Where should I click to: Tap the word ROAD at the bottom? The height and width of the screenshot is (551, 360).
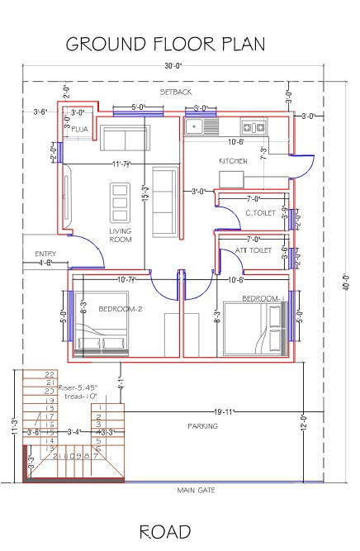(x=165, y=531)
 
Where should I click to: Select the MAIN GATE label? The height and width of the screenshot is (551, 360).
(x=196, y=491)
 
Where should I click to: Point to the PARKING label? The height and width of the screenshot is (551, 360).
(x=202, y=426)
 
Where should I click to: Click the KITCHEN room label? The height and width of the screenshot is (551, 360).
(x=232, y=160)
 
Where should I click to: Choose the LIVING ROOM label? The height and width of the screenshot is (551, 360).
(x=121, y=235)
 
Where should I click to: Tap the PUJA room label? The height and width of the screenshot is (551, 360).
(x=80, y=130)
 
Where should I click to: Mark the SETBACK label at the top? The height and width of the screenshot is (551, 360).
(x=175, y=91)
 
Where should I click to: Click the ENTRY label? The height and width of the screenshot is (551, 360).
(x=45, y=253)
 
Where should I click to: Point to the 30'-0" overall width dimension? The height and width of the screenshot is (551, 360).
(x=173, y=66)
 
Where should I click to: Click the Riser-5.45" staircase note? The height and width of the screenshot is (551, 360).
(x=78, y=386)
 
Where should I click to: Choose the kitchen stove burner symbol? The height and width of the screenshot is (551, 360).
(x=253, y=127)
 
